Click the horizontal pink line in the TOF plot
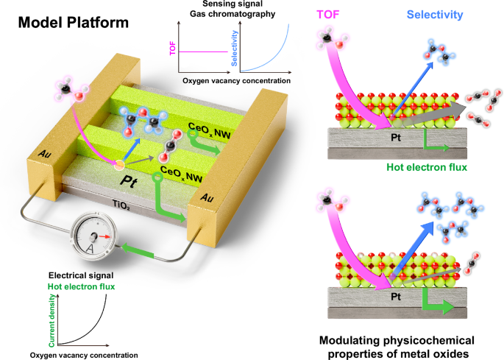(197, 52)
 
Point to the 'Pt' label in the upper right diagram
(397, 136)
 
